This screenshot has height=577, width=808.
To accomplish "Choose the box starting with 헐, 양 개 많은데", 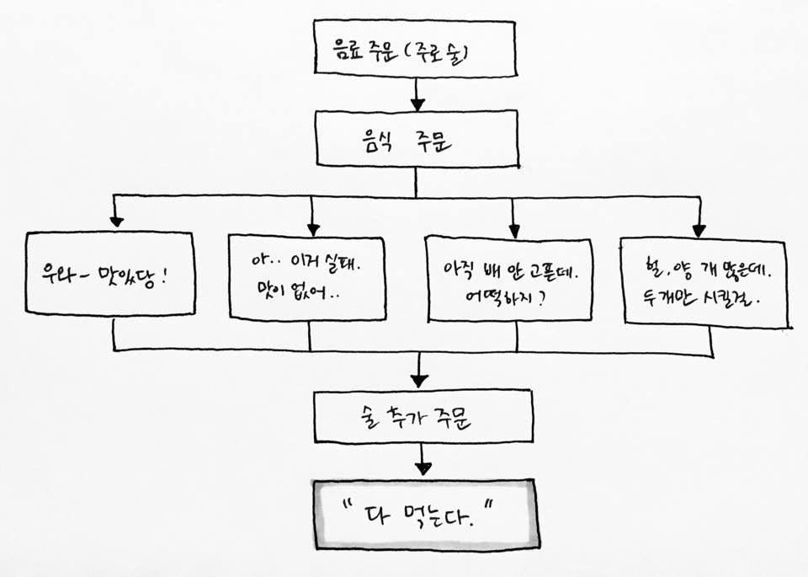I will pyautogui.click(x=705, y=282).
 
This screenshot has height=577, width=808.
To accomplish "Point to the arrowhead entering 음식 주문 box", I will pyautogui.click(x=417, y=105).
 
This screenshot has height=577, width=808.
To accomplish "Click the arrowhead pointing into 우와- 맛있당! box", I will pyautogui.click(x=116, y=222).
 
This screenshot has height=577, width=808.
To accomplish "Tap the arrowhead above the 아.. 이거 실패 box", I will pyautogui.click(x=313, y=227).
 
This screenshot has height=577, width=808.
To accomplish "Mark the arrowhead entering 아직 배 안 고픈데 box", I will pyautogui.click(x=513, y=231).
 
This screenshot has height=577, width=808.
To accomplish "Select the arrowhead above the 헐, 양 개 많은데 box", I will pyautogui.click(x=698, y=232).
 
